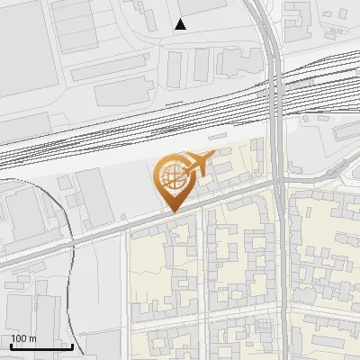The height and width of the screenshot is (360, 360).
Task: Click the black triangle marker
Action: click(181, 24)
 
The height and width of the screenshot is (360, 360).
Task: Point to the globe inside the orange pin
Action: click(170, 175)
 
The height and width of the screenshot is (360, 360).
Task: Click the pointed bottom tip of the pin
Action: click(171, 211)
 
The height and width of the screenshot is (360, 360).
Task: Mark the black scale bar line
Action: click(41, 346)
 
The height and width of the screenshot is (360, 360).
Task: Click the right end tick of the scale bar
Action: click(72, 345)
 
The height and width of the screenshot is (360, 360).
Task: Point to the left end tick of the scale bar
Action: click(11, 345)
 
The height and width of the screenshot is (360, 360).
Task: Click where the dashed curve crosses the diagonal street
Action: click(68, 241)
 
